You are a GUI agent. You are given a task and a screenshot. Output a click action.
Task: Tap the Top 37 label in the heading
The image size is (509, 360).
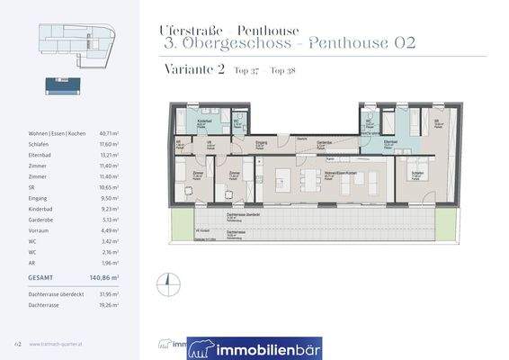point(246,71)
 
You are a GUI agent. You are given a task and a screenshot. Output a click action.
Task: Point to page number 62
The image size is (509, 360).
point(17,343)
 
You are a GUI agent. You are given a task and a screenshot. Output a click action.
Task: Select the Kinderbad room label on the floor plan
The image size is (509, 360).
point(203,121)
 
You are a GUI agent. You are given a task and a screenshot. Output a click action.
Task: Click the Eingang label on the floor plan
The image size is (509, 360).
point(262,142)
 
